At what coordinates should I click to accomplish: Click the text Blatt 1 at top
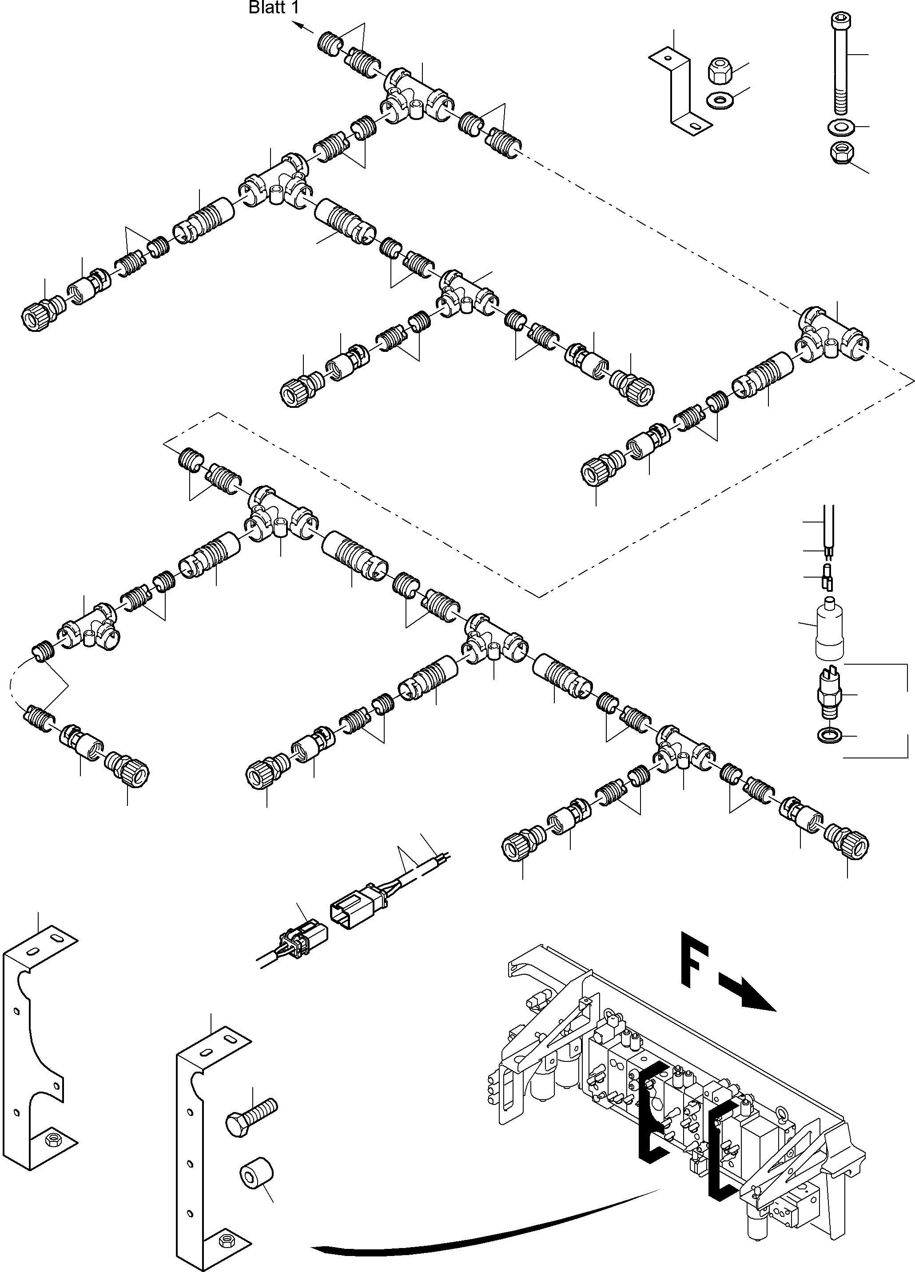(x=274, y=8)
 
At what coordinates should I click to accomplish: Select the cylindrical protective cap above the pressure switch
(x=829, y=629)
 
